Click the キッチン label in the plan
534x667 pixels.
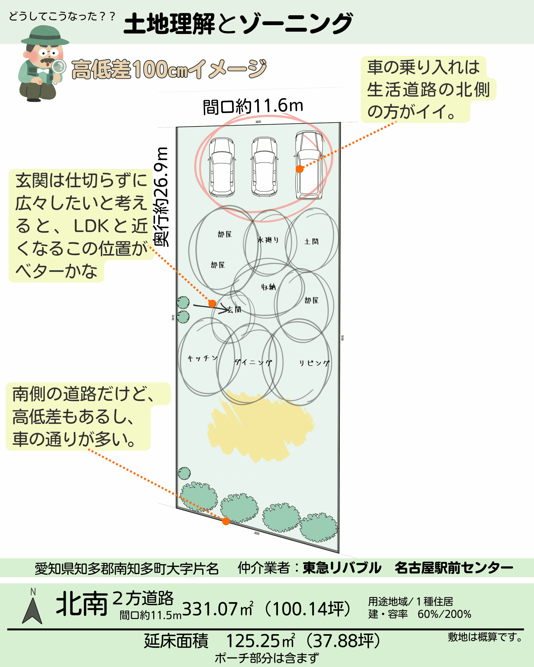pyautogui.click(x=202, y=358)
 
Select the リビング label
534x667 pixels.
pyautogui.click(x=314, y=363)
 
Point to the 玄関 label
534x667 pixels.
pyautogui.click(x=234, y=310)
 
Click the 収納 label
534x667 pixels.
pyautogui.click(x=268, y=287)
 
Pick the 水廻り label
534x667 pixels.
pyautogui.click(x=268, y=240)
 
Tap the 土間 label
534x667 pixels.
pyautogui.click(x=311, y=242)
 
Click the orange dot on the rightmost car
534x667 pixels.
pyautogui.click(x=299, y=169)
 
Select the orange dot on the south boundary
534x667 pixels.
pyautogui.click(x=226, y=521)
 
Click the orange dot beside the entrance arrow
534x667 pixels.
pyautogui.click(x=212, y=304)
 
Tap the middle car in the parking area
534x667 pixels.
pyautogui.click(x=264, y=167)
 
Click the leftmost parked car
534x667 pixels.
pyautogui.click(x=222, y=167)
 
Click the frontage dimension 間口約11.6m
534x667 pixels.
pyautogui.click(x=253, y=107)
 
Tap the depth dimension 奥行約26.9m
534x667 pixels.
pyautogui.click(x=162, y=197)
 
